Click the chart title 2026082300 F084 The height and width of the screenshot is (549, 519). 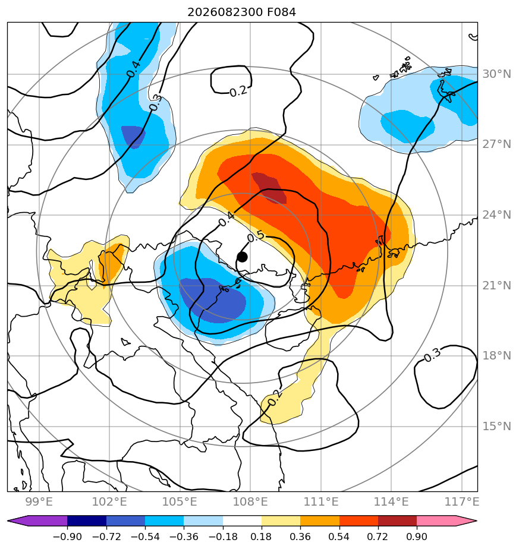coord(241,12)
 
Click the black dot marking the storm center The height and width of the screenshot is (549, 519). coord(242,257)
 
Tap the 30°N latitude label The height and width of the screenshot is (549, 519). coord(496,74)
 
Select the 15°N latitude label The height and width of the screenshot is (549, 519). coord(496,427)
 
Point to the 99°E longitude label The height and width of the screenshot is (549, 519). coord(39,501)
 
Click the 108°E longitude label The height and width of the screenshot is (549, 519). coord(250,501)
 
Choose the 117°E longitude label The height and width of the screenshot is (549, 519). coord(461,501)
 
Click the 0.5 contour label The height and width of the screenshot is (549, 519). coord(256,236)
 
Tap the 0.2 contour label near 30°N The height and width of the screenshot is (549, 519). coord(238,91)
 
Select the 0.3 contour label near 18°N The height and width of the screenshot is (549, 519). coord(432,355)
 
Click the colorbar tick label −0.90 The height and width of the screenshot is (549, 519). coord(67,537)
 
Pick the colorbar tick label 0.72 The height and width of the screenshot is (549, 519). coord(378,537)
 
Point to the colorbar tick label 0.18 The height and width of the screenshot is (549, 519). coord(262,537)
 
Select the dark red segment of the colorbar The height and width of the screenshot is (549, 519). coord(397,521)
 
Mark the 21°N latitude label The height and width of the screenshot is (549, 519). coord(496,286)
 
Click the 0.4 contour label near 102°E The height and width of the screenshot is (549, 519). coord(134,69)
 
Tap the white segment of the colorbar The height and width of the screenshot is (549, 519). coord(242,521)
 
